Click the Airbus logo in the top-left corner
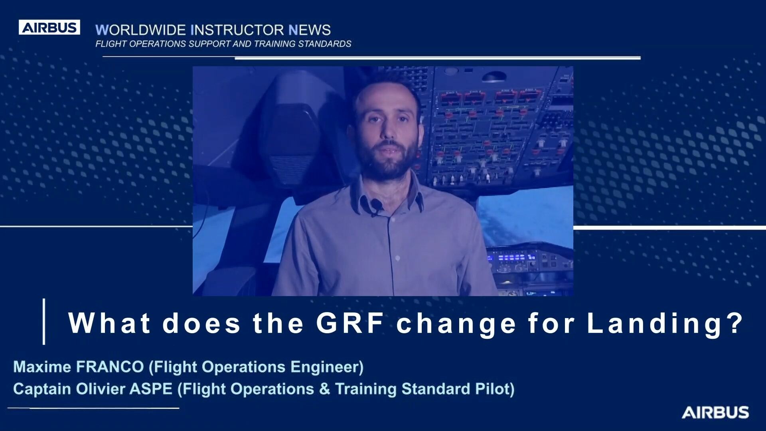(x=49, y=27)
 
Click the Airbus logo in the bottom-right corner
(x=715, y=412)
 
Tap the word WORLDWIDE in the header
(x=140, y=30)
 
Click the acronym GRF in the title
(x=350, y=322)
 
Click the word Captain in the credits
(x=42, y=389)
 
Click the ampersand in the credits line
(x=324, y=389)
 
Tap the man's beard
(x=387, y=160)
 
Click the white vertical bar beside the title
(x=44, y=321)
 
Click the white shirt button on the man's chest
(x=397, y=259)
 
